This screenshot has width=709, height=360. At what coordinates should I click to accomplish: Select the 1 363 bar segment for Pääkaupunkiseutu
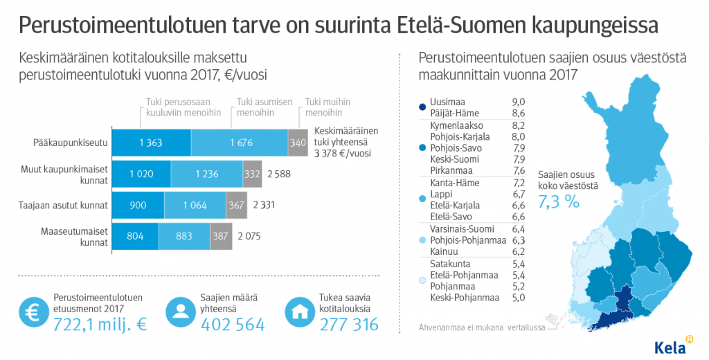[150, 143]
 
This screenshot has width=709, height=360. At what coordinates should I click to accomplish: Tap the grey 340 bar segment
[298, 143]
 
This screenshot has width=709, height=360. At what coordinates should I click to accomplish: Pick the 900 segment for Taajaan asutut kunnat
[138, 205]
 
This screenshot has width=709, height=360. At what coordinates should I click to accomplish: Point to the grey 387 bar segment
[221, 236]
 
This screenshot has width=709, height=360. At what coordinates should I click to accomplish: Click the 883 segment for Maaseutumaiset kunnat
[184, 236]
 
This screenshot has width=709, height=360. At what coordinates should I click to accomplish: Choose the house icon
[300, 311]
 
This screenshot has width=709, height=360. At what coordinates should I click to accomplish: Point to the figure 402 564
[233, 324]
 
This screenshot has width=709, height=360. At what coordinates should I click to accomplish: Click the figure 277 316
[349, 324]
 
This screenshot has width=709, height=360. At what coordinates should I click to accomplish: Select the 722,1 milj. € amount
[100, 324]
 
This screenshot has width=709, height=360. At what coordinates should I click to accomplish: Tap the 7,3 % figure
[562, 201]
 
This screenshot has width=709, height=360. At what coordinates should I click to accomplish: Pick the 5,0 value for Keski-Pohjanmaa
[517, 297]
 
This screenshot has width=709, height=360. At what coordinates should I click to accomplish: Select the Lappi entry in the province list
[442, 195]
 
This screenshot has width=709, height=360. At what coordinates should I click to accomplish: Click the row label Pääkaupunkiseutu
[69, 143]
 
